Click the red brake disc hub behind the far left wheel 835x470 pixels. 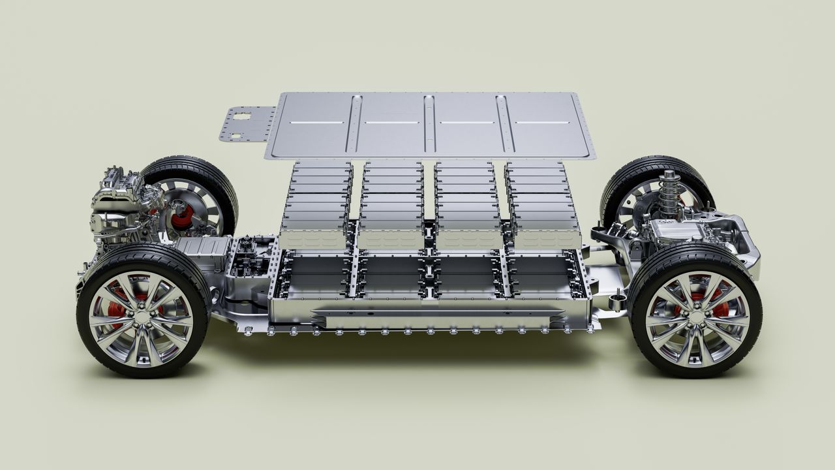click(x=182, y=215)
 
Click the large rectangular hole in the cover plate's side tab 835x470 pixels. click(x=242, y=118)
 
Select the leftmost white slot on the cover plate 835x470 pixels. click(x=316, y=122)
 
